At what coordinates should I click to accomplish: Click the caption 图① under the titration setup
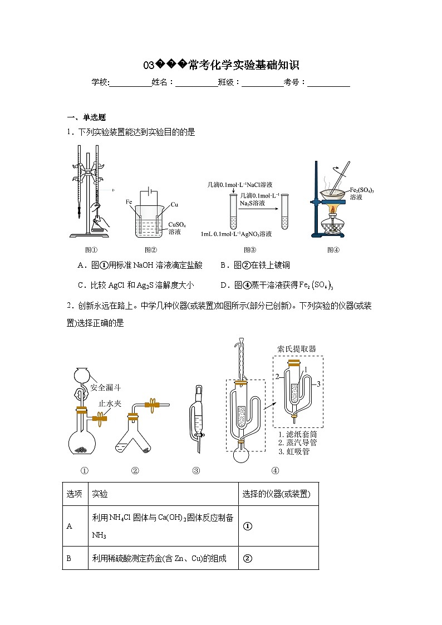pos(91,250)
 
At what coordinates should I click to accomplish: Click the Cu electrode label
pos(174,205)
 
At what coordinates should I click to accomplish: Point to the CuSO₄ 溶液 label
pos(177,228)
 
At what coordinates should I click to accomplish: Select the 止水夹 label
pos(110,403)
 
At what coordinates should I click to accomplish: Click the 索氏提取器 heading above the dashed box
pos(297,349)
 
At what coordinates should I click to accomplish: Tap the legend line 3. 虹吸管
pos(293,451)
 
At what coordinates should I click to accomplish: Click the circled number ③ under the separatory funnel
pos(196,470)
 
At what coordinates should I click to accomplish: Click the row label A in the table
pos(69,526)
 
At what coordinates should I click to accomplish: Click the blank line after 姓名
pos(197,82)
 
